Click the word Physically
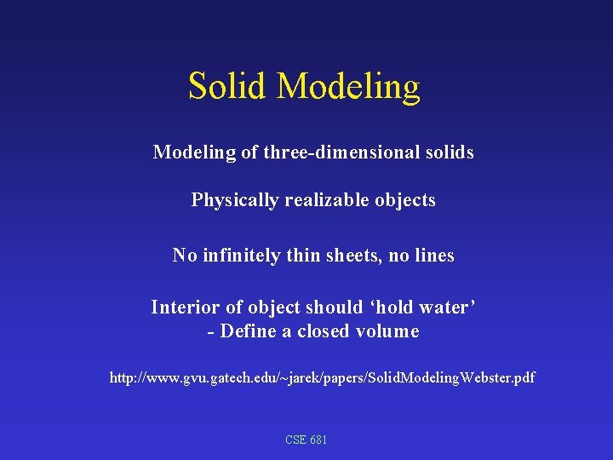(234, 201)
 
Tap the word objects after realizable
(404, 201)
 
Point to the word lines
(434, 255)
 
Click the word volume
(388, 331)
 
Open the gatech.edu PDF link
(322, 377)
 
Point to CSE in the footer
(295, 440)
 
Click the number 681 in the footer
(318, 440)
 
